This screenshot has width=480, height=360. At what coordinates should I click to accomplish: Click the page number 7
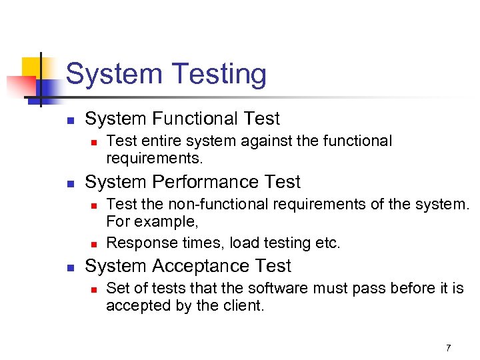(448, 347)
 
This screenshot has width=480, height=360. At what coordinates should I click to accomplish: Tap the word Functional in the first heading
(195, 119)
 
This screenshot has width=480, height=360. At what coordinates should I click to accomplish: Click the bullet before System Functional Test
(70, 121)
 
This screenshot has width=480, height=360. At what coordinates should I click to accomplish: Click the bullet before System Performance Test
(70, 184)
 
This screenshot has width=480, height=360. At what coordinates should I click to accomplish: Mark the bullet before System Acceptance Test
(70, 268)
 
